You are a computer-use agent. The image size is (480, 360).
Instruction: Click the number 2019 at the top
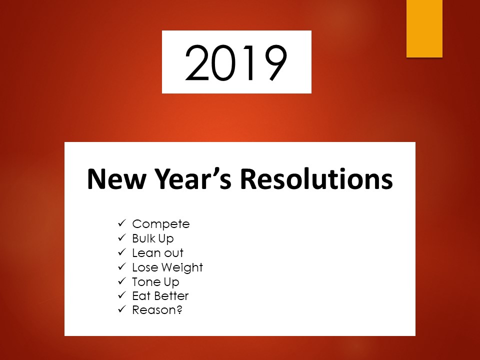click(236, 62)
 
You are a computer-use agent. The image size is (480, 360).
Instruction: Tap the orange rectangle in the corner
click(424, 28)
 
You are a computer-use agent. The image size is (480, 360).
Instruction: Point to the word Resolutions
click(316, 179)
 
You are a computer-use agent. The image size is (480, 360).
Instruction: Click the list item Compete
click(160, 224)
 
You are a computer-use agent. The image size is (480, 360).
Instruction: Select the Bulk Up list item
click(153, 238)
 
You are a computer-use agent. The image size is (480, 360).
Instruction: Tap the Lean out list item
click(157, 253)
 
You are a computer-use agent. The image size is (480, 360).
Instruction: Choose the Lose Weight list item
click(167, 267)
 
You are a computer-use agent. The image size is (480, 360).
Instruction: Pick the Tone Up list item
click(155, 282)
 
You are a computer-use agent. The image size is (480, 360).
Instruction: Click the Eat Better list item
click(160, 296)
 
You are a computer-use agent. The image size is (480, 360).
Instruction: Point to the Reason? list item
click(157, 310)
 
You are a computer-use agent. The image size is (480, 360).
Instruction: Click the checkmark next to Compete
click(122, 223)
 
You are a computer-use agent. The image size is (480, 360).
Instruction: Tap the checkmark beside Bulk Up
click(122, 238)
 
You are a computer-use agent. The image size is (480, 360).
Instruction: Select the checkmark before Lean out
click(122, 252)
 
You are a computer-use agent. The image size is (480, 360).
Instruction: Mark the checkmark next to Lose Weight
click(122, 267)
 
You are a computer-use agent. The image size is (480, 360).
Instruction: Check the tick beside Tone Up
click(122, 281)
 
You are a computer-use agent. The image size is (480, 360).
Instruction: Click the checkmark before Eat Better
click(122, 295)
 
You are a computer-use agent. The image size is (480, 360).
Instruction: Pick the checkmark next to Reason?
click(122, 309)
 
